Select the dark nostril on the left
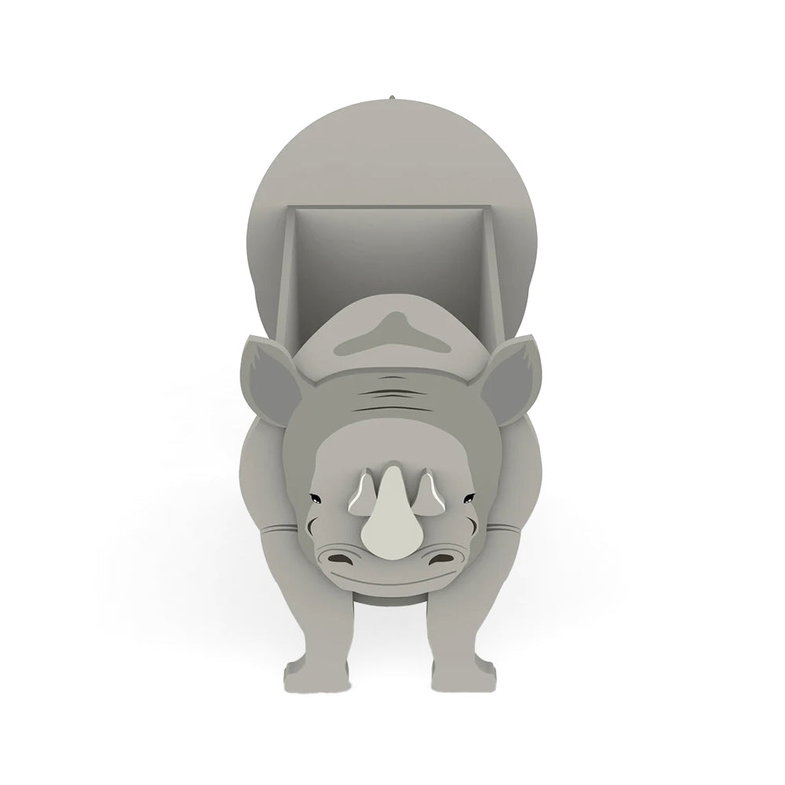(x=339, y=558)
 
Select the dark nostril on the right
(x=443, y=558)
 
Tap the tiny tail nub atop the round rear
(x=390, y=97)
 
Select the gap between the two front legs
(x=391, y=652)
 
